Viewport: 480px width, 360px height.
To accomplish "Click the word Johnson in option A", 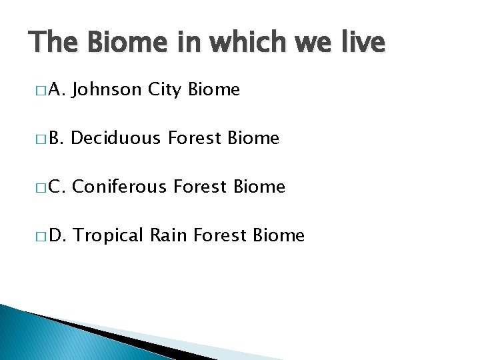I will [106, 89].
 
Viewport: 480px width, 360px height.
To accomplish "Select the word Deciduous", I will [115, 138].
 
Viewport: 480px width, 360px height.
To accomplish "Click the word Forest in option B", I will [195, 138].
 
